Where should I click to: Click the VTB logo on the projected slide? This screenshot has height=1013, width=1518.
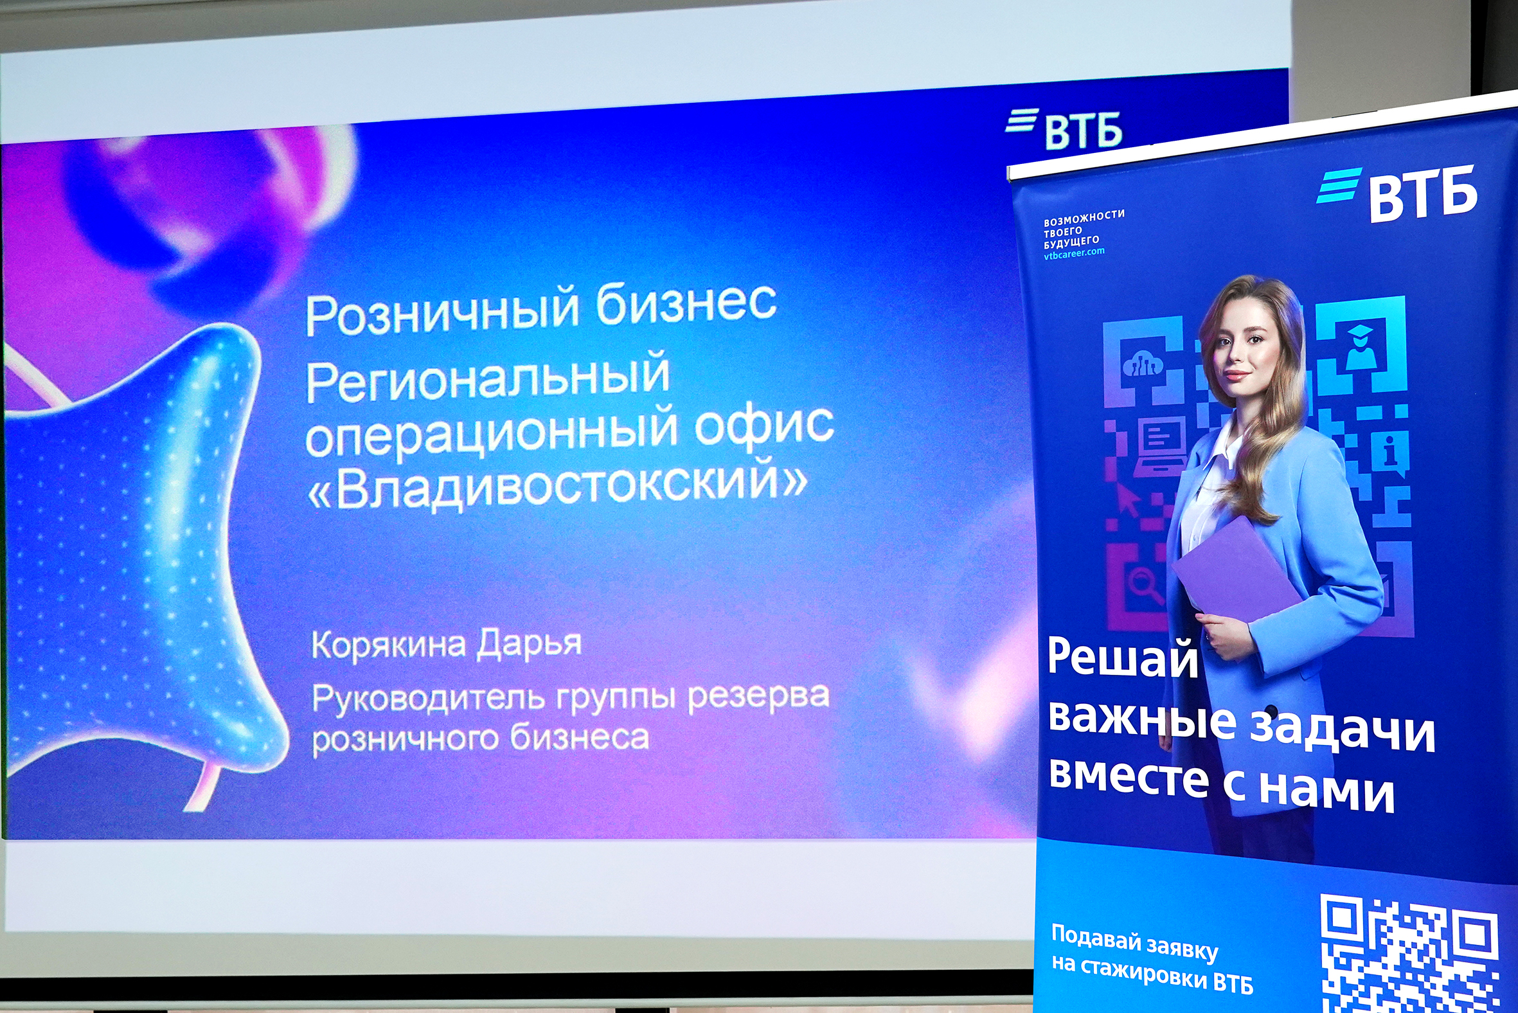tap(1064, 128)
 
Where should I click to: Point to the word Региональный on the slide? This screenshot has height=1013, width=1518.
tap(488, 378)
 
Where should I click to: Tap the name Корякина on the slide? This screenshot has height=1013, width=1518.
tap(389, 645)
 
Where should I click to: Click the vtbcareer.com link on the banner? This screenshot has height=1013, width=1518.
tap(1074, 253)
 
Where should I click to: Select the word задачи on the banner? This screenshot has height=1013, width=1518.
tap(1344, 730)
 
